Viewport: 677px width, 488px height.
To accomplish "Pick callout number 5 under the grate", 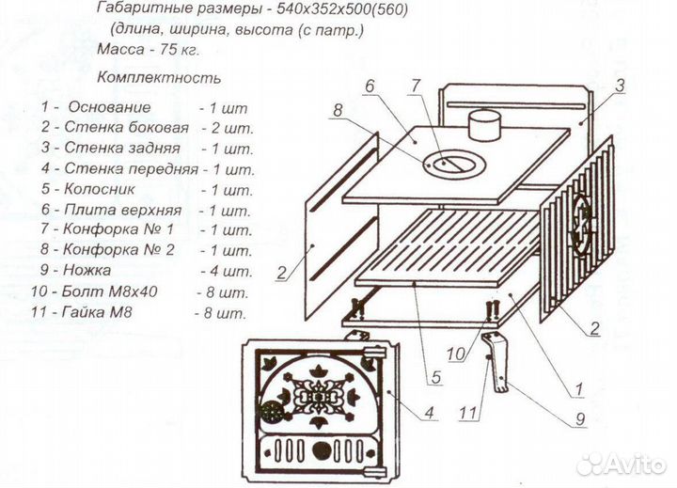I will coord(435,381).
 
